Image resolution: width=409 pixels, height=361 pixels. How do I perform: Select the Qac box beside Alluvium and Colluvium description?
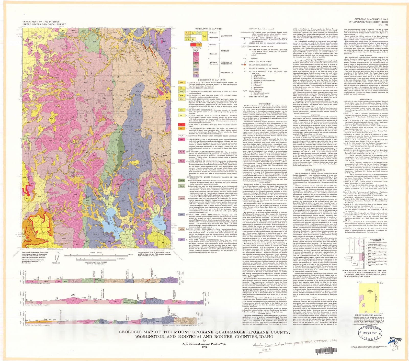point(181,83)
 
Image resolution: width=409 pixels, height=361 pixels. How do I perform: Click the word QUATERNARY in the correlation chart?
point(226,36)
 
